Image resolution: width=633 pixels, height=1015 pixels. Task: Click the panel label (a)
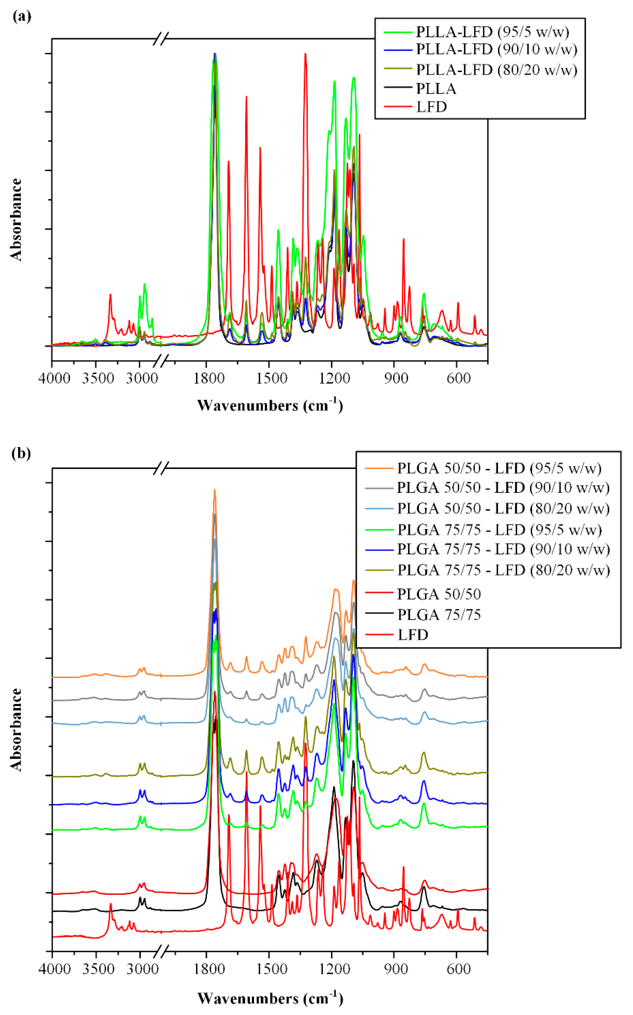[x=22, y=17]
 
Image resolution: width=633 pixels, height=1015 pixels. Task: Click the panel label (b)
[x=22, y=454]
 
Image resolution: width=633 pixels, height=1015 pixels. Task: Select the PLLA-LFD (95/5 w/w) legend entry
[x=492, y=32]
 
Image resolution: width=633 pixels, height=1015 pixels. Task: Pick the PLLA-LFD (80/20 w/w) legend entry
[x=496, y=69]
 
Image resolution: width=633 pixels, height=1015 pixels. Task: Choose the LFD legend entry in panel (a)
[x=431, y=107]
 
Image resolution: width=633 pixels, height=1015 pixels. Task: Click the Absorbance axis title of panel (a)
[x=16, y=220]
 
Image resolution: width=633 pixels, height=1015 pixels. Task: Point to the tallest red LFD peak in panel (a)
[x=305, y=55]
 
